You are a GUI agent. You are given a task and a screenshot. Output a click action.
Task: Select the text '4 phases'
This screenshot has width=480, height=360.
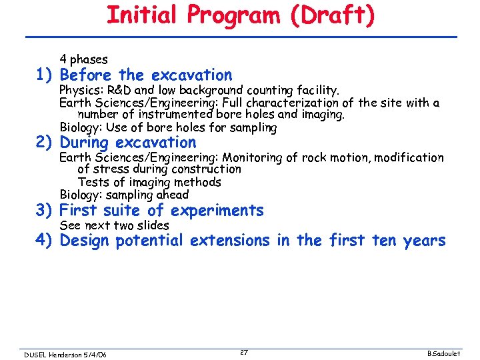tap(83, 59)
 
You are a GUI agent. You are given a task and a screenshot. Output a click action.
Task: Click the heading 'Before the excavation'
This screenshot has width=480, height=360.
tap(146, 75)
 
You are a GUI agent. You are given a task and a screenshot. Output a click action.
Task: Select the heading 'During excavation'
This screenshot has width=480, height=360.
tap(128, 143)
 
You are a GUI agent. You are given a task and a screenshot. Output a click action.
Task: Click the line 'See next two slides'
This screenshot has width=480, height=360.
tap(114, 225)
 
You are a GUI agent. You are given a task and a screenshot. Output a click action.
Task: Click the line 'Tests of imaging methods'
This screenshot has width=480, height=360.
tap(149, 182)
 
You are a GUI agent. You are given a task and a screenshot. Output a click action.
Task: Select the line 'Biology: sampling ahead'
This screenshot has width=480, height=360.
tap(124, 195)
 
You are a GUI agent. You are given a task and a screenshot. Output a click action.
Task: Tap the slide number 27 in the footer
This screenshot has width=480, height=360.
tap(244, 352)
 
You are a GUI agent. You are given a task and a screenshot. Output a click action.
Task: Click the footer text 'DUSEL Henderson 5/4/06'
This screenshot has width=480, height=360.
tap(65, 354)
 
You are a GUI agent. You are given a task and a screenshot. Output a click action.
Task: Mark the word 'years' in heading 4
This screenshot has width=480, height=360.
tap(424, 241)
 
